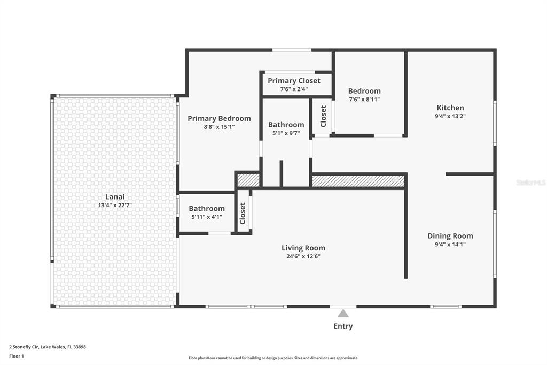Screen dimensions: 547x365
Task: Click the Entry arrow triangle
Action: (343, 313)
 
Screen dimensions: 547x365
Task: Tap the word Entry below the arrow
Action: (343, 326)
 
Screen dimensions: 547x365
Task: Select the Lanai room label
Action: (115, 197)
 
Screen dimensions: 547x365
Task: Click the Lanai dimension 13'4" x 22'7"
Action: (115, 205)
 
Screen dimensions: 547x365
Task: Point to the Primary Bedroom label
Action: (219, 118)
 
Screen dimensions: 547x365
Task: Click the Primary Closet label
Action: (294, 81)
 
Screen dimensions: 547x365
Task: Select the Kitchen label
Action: (450, 108)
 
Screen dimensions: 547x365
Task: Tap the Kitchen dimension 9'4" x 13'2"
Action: (450, 116)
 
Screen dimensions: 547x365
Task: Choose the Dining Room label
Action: (450, 236)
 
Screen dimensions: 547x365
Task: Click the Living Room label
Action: (303, 248)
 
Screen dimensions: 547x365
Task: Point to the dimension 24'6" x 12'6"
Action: (303, 256)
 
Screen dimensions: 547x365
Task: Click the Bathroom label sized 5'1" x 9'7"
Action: (286, 125)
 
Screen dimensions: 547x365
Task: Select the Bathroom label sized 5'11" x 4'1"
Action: (207, 208)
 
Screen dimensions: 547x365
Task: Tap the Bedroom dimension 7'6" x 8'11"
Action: (364, 100)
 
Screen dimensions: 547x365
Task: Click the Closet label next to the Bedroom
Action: (323, 117)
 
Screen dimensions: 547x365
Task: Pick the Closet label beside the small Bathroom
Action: (243, 213)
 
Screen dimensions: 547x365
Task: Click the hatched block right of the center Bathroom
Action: (358, 181)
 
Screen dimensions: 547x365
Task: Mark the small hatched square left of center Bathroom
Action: (248, 180)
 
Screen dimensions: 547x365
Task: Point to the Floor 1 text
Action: (17, 356)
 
